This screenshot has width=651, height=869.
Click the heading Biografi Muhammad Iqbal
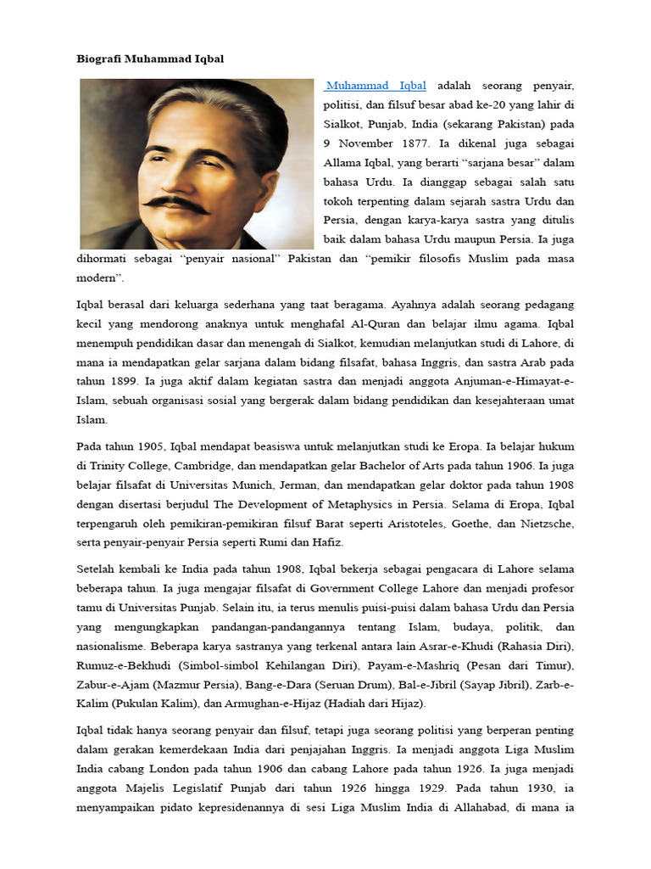(146, 59)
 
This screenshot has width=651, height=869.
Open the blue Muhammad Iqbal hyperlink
(376, 86)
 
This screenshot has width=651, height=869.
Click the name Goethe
(462, 524)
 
